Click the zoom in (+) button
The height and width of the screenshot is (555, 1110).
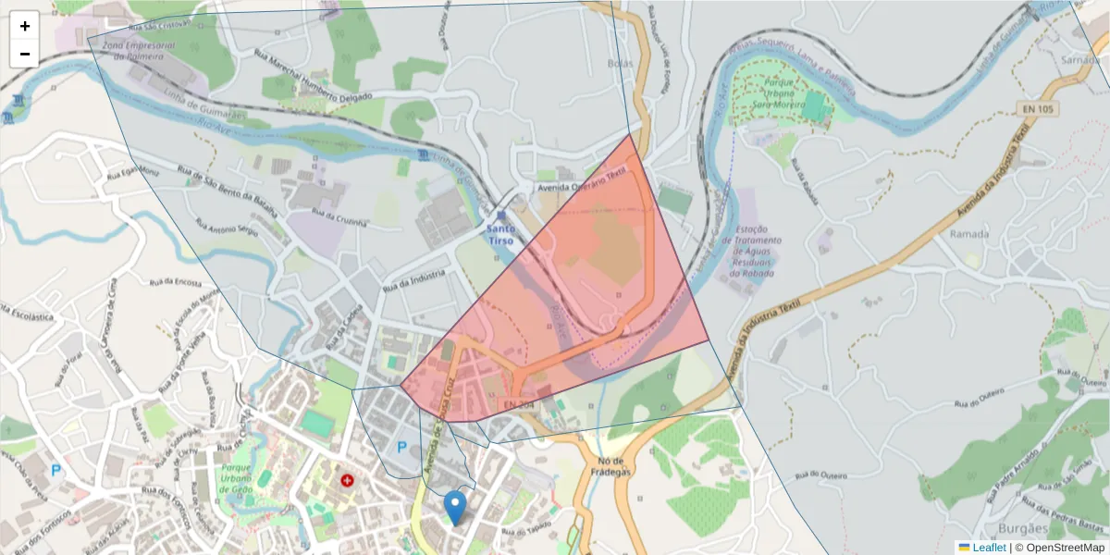click(25, 26)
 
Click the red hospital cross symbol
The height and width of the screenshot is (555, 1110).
click(348, 481)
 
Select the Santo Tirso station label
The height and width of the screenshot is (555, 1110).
click(501, 234)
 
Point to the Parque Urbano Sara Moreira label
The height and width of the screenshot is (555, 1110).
click(781, 93)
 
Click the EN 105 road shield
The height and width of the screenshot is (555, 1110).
click(1038, 109)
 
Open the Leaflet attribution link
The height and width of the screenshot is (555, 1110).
click(989, 548)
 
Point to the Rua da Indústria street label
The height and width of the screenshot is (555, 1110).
click(420, 278)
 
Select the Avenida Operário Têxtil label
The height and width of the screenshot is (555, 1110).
click(582, 180)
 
